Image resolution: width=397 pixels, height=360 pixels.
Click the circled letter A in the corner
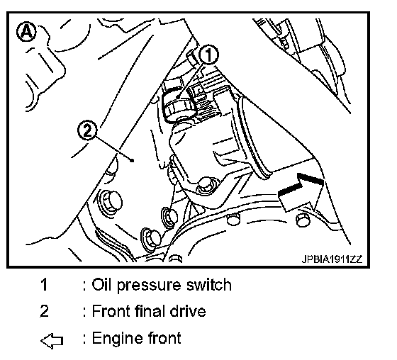point(26,31)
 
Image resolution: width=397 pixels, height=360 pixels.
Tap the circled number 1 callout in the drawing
point(209,55)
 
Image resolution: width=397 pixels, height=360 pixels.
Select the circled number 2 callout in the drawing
point(87,130)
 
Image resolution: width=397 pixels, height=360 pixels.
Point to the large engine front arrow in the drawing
point(301,193)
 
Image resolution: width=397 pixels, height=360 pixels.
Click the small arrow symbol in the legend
point(52,340)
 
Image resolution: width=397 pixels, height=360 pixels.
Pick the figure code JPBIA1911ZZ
point(332,259)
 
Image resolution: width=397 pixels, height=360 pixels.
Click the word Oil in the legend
point(101,284)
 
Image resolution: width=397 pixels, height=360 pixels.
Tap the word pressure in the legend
point(149,286)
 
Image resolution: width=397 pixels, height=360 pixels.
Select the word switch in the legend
point(209,284)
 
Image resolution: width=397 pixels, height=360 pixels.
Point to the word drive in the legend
point(188,310)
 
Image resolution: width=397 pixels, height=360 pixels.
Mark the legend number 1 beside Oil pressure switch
point(44,284)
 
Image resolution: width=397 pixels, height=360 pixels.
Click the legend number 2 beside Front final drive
point(44,310)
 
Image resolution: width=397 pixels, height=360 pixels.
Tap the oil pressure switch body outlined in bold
point(177,103)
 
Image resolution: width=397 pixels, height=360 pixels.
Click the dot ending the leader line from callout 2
point(132,160)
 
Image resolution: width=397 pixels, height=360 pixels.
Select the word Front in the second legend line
point(111,310)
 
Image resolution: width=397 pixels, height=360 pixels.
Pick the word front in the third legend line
point(164,338)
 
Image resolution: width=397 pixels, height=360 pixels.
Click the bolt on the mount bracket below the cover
point(206,186)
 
